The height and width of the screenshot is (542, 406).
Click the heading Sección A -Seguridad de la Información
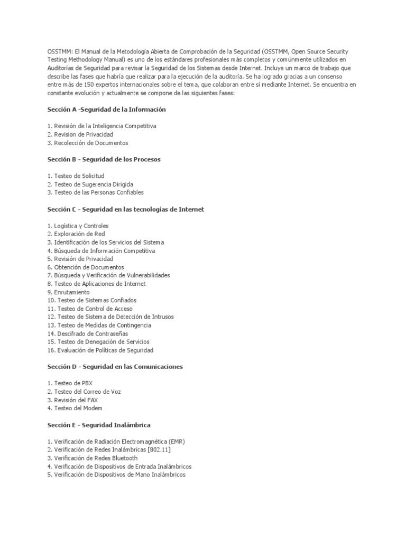click(106, 110)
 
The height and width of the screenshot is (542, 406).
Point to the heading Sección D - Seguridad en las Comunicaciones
click(115, 366)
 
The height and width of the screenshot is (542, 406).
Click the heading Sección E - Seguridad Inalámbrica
click(99, 425)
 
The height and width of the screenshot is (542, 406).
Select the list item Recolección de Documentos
click(87, 143)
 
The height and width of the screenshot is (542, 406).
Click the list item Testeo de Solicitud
click(76, 176)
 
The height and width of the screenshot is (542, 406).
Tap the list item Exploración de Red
click(76, 234)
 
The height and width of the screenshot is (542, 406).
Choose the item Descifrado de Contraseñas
click(87, 333)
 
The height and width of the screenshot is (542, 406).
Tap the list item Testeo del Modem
click(75, 408)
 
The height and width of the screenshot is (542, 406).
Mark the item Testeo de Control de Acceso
click(90, 309)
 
